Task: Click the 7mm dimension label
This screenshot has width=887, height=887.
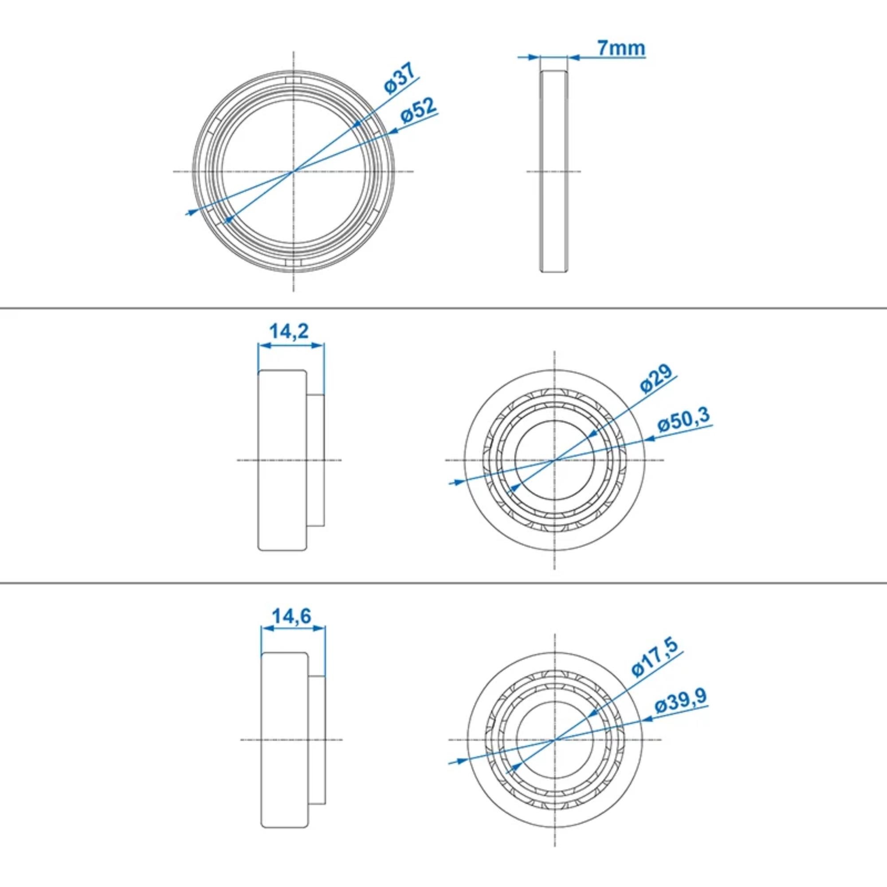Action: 621,48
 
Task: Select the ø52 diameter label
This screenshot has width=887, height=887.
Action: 418,110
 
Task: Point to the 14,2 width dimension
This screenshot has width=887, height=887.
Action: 289,331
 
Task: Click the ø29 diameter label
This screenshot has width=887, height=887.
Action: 656,379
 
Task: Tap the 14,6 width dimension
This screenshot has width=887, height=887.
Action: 292,616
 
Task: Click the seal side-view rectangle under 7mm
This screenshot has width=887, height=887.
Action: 553,171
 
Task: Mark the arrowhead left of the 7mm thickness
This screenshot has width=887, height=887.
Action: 533,57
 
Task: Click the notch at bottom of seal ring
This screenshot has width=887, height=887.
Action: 293,263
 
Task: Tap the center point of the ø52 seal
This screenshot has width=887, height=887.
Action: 293,171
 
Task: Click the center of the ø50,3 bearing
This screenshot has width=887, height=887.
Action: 555,459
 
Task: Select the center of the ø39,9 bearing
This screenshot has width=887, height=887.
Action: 555,740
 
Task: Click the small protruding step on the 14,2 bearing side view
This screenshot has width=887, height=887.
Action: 316,459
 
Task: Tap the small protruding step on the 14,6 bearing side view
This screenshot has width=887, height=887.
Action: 317,740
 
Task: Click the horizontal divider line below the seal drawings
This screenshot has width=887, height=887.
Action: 443,309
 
